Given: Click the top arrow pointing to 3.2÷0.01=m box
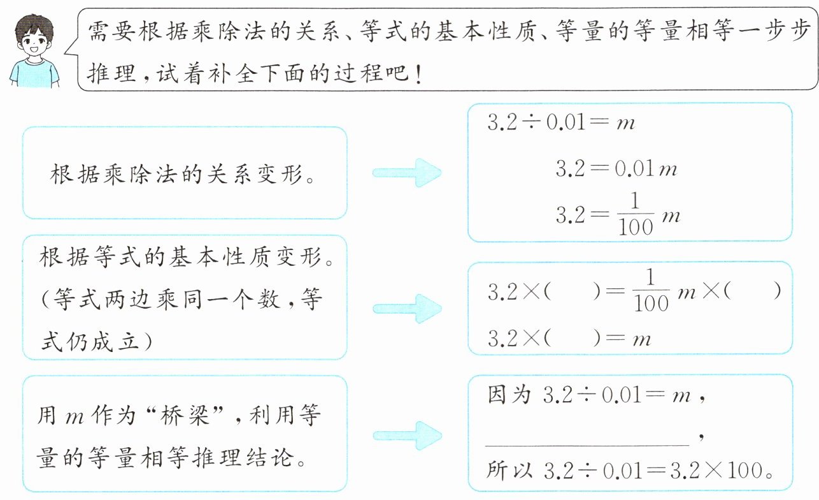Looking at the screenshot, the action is point(407,172).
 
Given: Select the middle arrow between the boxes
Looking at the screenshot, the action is point(408,309).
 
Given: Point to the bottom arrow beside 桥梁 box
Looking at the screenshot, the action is point(408,436).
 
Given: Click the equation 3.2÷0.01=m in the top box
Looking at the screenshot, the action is point(561,122).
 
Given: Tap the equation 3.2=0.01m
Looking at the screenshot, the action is point(616,169).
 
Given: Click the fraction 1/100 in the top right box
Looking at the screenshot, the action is point(636,214).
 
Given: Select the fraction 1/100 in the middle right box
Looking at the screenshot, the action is point(651,291).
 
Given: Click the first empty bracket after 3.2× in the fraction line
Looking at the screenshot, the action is point(572,291).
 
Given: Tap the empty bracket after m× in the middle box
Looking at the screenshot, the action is point(751,291).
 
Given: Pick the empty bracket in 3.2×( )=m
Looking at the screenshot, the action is point(572,338).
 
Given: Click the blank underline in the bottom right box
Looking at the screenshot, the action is point(587,445).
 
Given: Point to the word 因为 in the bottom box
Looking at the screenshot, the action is point(509,395).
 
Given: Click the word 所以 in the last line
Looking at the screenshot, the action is point(509,470).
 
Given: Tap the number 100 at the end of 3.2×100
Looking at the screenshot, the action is point(744,471).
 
